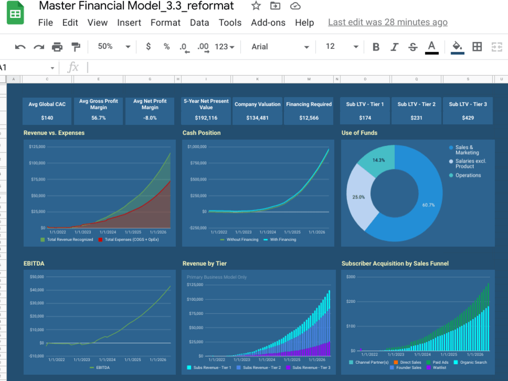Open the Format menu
tap(165, 23)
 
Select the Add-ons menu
tap(268, 23)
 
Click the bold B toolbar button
tap(376, 47)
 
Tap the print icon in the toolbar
tap(57, 47)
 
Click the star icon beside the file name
tap(256, 6)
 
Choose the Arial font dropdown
tap(279, 47)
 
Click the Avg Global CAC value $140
tap(47, 118)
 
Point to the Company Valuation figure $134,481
tap(257, 118)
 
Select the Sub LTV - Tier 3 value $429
tap(467, 118)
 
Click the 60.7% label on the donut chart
tap(428, 205)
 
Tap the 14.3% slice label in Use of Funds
tap(378, 160)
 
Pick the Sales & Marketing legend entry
tap(466, 150)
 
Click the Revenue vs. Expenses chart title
tap(54, 133)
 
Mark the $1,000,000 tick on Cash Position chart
tap(197, 147)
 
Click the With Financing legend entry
tap(284, 240)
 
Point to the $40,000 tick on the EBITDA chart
tap(37, 290)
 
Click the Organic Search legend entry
tap(473, 362)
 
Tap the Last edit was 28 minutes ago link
tap(388, 22)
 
